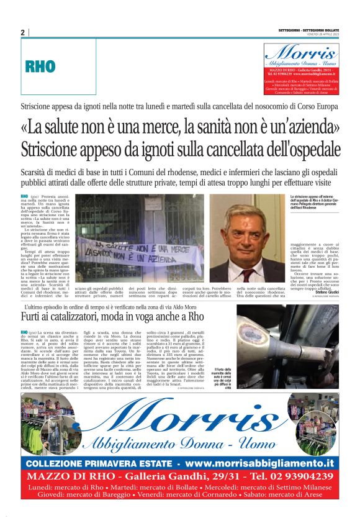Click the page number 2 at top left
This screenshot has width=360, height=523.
(22, 32)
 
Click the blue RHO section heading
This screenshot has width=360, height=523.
(40, 66)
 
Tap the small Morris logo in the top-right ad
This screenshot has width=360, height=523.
(301, 53)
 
